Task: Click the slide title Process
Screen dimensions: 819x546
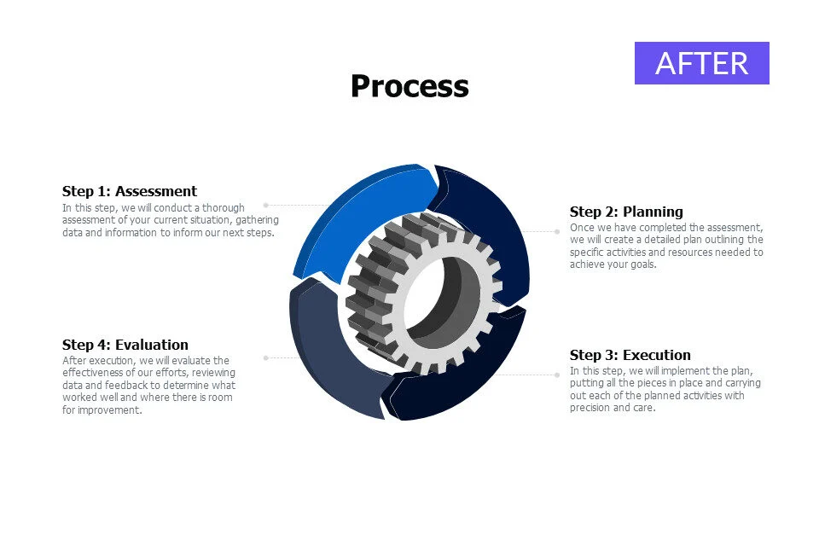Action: click(x=409, y=86)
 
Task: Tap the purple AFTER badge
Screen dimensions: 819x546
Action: click(x=701, y=63)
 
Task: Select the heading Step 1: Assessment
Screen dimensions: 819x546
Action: click(x=130, y=191)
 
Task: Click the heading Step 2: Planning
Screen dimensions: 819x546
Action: click(x=626, y=212)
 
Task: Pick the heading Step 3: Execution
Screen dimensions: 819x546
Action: click(x=630, y=355)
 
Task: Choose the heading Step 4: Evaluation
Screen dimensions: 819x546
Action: click(x=125, y=345)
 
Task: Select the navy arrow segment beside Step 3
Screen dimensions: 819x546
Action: click(x=460, y=376)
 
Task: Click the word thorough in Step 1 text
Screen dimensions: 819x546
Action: click(x=223, y=208)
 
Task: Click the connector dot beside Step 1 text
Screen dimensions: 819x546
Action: click(x=266, y=206)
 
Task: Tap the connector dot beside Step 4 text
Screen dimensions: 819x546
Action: click(x=266, y=358)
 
